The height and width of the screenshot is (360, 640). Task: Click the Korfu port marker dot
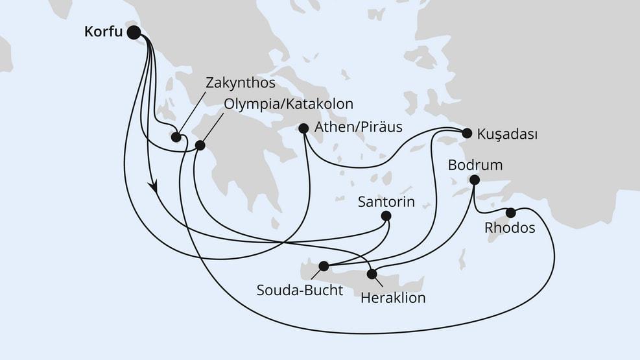[x=134, y=32]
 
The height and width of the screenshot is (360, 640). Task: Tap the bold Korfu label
[x=103, y=32]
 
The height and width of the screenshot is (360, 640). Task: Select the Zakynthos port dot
[x=176, y=136]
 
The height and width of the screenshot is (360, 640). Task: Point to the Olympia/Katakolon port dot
[x=200, y=146]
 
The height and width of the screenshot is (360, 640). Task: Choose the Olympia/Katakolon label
[x=289, y=104]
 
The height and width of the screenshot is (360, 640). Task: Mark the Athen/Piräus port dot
[x=303, y=128]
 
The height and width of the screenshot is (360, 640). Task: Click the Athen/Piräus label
[x=358, y=127]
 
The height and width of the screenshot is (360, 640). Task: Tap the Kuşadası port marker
[x=466, y=134]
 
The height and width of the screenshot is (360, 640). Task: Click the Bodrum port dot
[x=475, y=180]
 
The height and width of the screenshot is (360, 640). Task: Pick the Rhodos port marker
[x=511, y=212]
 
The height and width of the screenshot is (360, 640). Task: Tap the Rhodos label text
[x=510, y=228]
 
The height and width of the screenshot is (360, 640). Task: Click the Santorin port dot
[x=386, y=217]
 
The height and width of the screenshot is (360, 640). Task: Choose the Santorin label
[x=386, y=202]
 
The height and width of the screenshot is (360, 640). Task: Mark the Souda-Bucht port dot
[x=323, y=265]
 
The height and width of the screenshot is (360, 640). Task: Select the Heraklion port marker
[x=372, y=274]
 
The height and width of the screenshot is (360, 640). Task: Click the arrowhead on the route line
[x=154, y=187]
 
